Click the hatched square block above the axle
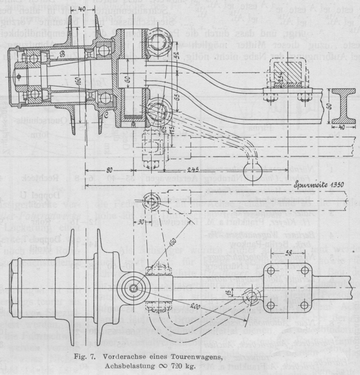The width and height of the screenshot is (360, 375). click(x=283, y=71)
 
